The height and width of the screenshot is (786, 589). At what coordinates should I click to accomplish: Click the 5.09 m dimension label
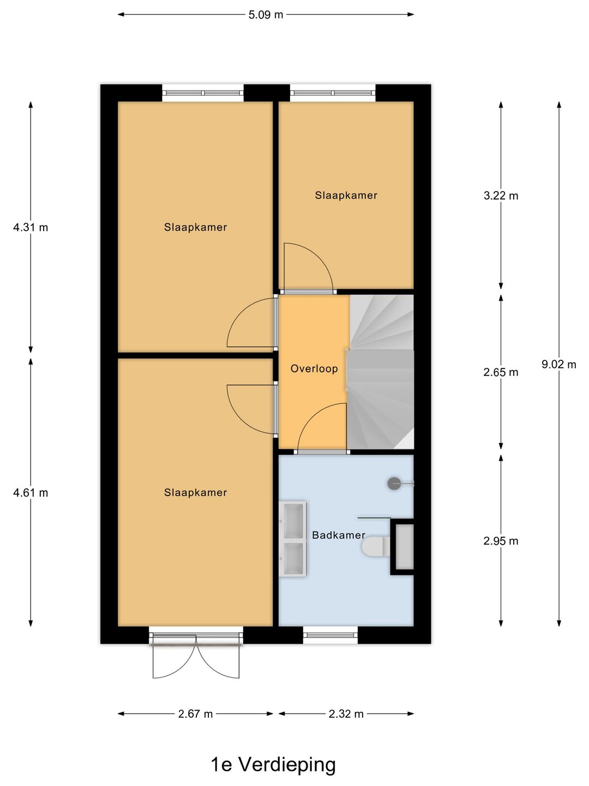click(x=266, y=15)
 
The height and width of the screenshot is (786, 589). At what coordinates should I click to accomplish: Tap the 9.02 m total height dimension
click(x=558, y=364)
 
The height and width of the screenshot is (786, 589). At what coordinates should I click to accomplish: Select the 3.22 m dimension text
click(x=501, y=195)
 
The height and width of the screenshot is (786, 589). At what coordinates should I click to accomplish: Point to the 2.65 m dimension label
click(x=501, y=372)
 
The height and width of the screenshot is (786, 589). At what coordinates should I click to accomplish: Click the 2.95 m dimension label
click(x=501, y=541)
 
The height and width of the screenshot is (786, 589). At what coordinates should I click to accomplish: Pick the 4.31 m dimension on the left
click(x=31, y=227)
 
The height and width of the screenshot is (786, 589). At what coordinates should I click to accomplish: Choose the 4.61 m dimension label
click(x=31, y=493)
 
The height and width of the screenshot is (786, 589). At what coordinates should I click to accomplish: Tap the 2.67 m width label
click(x=195, y=714)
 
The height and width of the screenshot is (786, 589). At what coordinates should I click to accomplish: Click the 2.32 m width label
click(x=346, y=714)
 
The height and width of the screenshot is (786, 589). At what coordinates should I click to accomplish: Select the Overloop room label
click(x=314, y=368)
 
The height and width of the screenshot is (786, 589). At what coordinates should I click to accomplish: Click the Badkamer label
click(x=339, y=535)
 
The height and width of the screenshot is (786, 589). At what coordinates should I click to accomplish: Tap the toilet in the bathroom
click(x=376, y=546)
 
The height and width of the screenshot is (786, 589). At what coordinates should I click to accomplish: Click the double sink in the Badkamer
click(x=293, y=539)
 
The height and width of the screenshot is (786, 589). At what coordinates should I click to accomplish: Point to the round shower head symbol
click(x=394, y=483)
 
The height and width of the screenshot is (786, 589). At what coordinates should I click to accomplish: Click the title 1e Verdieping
click(x=273, y=764)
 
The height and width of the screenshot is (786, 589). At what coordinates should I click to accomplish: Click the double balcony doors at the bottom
click(x=196, y=658)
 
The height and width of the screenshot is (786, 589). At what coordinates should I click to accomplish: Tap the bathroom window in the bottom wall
click(x=330, y=635)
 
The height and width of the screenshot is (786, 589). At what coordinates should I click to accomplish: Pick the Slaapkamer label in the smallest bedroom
click(x=346, y=195)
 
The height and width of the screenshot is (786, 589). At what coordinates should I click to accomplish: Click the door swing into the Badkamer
click(x=322, y=428)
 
